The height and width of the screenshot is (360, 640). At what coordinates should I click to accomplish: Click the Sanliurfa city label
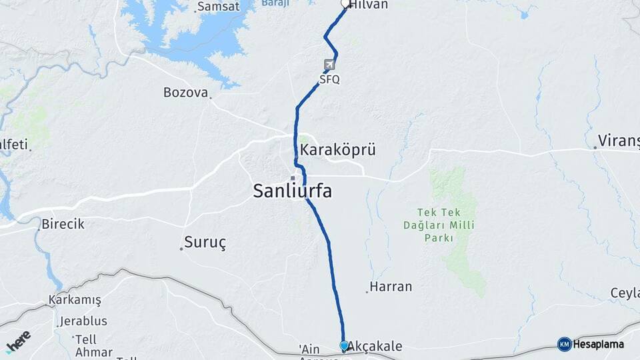point(292,191)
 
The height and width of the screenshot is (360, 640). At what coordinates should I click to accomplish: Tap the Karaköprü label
point(337,150)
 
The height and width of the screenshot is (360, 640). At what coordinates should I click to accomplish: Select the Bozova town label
point(185,93)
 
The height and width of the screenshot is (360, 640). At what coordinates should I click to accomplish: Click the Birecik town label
point(63,224)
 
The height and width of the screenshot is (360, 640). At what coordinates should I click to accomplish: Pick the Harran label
point(391,287)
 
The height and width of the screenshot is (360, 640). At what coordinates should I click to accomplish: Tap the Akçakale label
point(376,346)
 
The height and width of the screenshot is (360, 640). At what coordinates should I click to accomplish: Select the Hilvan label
point(369,4)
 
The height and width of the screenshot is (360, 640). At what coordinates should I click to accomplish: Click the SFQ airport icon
point(329,65)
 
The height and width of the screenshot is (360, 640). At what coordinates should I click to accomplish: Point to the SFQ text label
point(329,79)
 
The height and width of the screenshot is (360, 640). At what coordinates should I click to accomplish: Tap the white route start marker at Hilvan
point(345,4)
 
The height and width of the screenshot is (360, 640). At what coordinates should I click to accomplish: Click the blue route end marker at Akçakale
point(344,346)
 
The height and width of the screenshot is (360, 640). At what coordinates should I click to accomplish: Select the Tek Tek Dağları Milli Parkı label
point(439,225)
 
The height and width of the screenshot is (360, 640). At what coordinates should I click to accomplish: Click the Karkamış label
point(75,300)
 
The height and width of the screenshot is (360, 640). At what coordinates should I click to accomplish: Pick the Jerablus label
point(83,321)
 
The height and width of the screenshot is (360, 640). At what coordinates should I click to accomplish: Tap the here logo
point(18,341)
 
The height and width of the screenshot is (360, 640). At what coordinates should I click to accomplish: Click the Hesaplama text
point(599,344)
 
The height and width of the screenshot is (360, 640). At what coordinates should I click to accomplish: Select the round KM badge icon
point(564,344)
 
